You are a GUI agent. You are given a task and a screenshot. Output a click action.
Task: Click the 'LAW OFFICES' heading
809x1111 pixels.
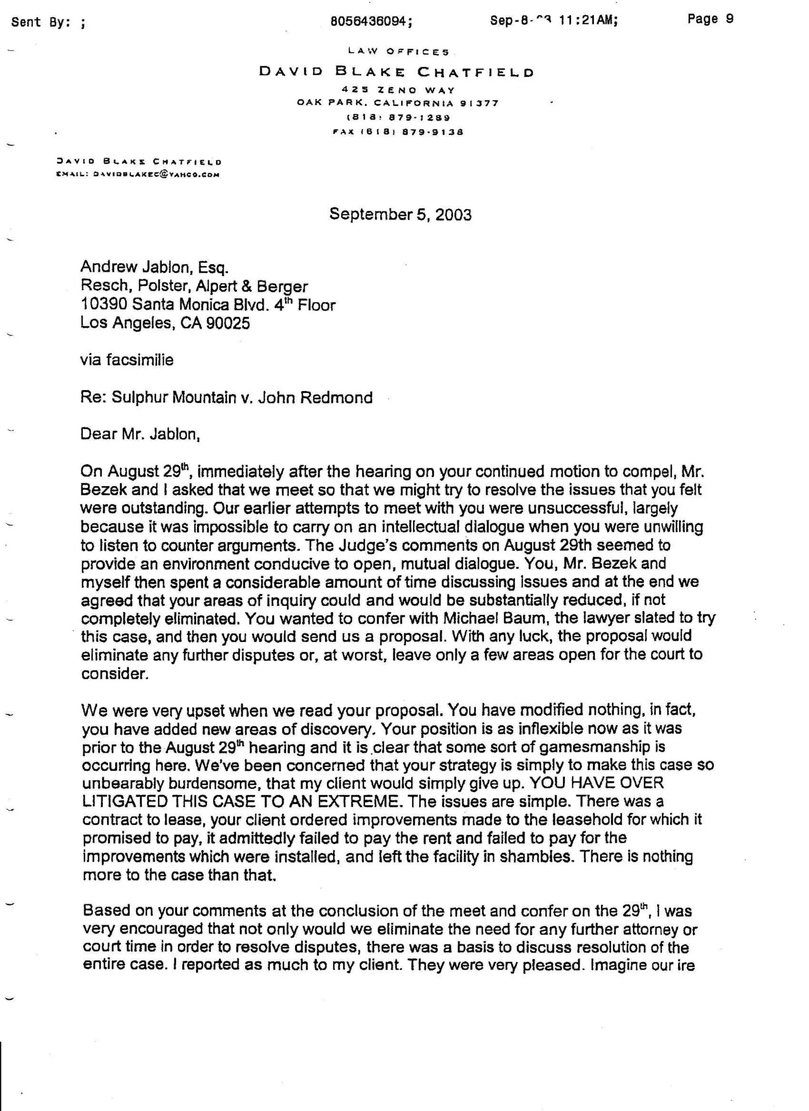(x=398, y=51)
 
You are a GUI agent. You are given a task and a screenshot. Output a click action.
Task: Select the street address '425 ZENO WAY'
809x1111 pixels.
(x=398, y=90)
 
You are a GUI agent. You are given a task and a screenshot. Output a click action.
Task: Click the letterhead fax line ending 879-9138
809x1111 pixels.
(x=398, y=132)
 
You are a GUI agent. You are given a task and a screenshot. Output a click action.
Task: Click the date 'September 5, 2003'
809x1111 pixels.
(x=400, y=214)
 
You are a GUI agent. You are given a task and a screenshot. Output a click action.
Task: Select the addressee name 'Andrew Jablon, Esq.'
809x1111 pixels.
(x=154, y=267)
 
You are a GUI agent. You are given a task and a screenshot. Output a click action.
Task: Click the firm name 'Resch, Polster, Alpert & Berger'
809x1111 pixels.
(x=194, y=286)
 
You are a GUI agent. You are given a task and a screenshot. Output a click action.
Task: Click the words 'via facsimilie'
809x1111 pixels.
(x=126, y=360)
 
